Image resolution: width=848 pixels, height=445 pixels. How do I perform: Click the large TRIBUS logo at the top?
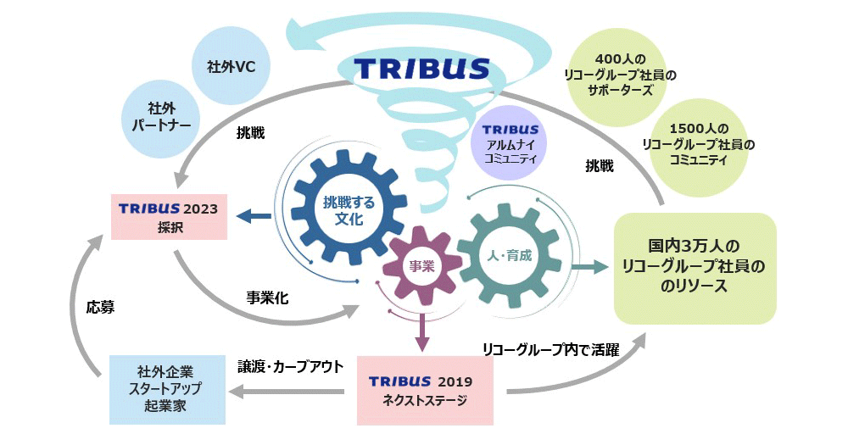422,68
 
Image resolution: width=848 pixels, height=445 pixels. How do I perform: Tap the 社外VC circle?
232,65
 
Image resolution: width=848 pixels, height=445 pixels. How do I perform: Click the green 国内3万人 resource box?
695,268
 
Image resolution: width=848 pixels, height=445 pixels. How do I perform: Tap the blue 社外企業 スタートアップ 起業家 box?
168,389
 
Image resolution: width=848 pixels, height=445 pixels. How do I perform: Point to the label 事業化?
267,298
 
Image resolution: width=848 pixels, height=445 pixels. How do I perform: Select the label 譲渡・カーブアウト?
290,366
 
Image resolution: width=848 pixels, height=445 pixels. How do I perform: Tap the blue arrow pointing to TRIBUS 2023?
254,217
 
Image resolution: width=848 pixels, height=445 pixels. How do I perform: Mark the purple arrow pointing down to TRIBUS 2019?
421,331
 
